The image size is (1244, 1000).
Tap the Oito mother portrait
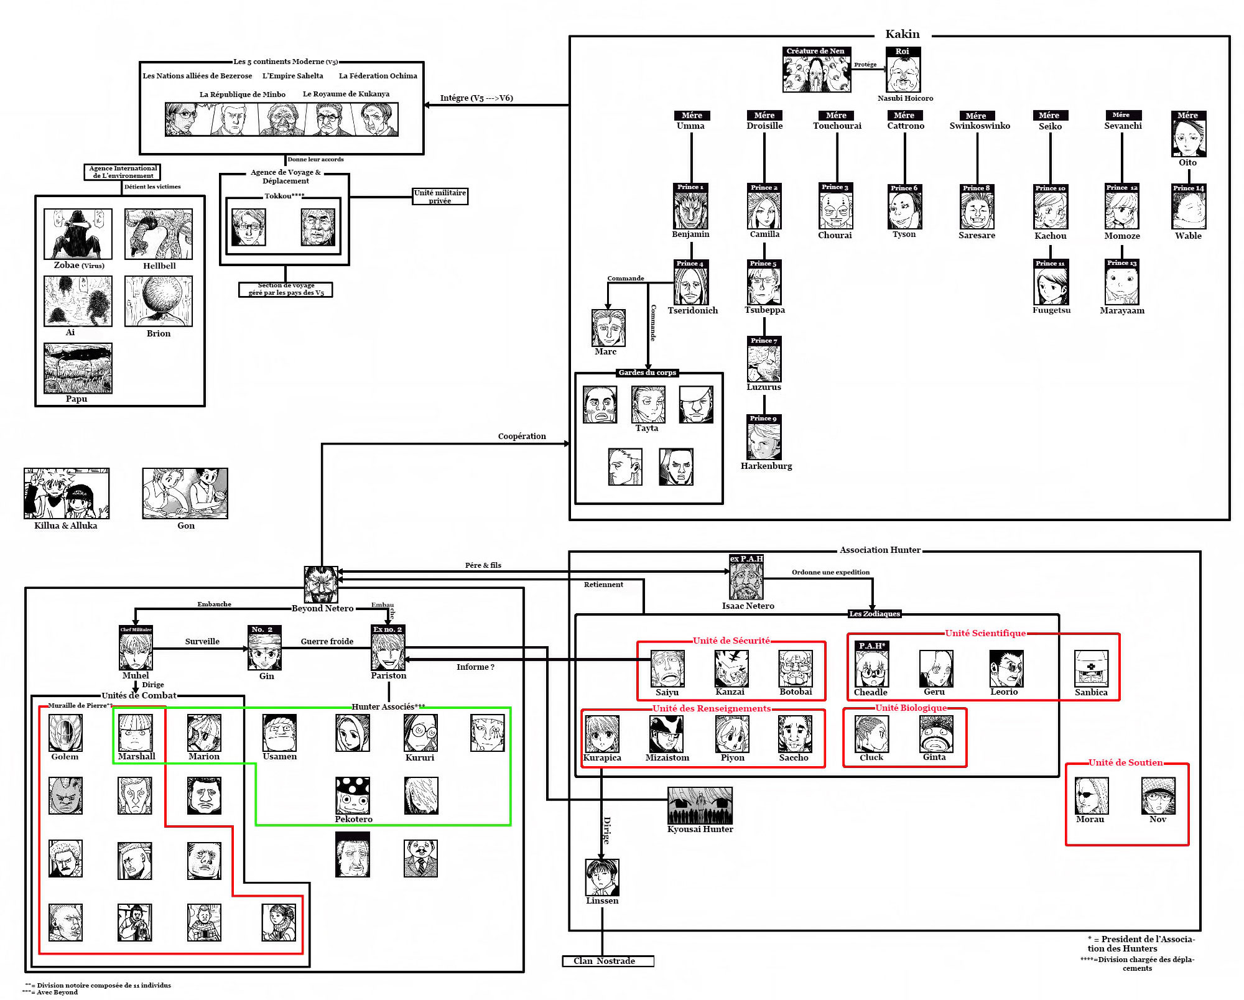(1189, 138)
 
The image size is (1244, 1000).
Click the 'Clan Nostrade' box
(608, 961)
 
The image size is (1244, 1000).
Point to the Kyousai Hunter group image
(700, 805)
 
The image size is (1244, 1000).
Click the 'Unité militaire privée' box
(440, 197)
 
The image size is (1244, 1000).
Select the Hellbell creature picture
(159, 234)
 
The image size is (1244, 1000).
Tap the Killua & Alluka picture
(67, 493)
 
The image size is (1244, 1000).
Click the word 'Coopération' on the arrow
(522, 436)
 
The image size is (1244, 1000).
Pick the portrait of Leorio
(1006, 669)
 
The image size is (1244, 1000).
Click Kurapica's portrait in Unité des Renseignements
(602, 734)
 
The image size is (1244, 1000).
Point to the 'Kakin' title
(903, 34)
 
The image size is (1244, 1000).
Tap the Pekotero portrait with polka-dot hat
(353, 795)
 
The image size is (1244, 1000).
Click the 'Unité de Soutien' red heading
(1126, 762)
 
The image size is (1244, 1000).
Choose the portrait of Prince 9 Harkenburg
(764, 441)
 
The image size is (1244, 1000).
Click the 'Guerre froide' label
(327, 641)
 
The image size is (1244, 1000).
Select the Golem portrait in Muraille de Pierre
(65, 733)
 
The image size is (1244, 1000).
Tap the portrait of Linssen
(602, 877)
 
